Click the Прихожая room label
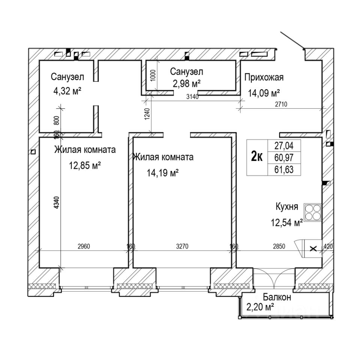(x=264, y=78)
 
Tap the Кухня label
(x=287, y=206)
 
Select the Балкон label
(x=277, y=297)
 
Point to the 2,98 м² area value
(x=186, y=83)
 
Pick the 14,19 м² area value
(x=162, y=173)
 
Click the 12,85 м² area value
(x=85, y=165)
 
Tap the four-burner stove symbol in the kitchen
(x=312, y=213)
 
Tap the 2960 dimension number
(x=84, y=246)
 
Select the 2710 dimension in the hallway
(x=280, y=104)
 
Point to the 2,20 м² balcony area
(x=259, y=307)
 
